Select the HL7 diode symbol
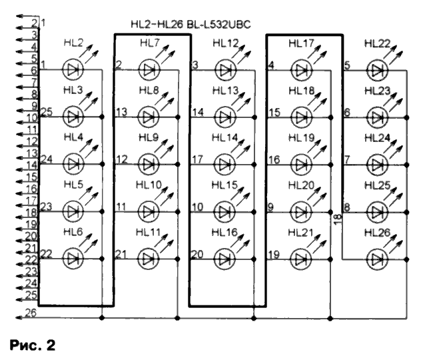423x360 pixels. [x=149, y=69]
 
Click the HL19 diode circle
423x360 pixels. [x=302, y=163]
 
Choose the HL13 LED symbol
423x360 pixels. [x=226, y=116]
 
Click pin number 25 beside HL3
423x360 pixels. [x=47, y=111]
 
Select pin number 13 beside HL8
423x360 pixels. [x=121, y=111]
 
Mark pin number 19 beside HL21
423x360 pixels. [x=274, y=253]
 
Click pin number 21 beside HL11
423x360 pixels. [x=121, y=253]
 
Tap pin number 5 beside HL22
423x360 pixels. [x=347, y=65]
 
